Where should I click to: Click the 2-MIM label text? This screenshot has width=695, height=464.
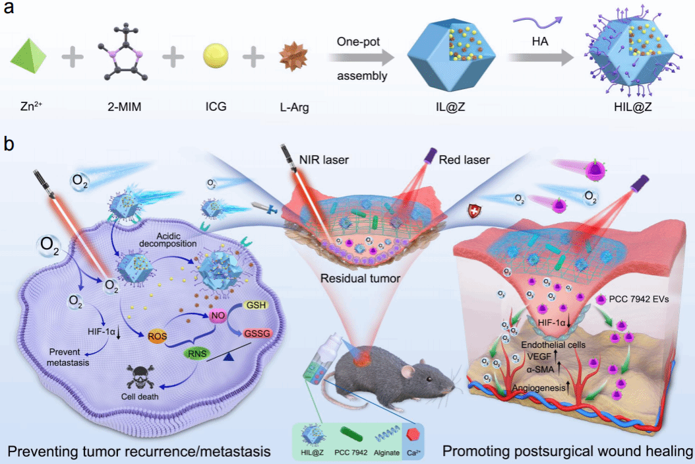pyautogui.click(x=122, y=106)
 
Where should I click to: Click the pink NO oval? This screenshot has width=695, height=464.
pyautogui.click(x=218, y=316)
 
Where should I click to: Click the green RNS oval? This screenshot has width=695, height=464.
pyautogui.click(x=196, y=354)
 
